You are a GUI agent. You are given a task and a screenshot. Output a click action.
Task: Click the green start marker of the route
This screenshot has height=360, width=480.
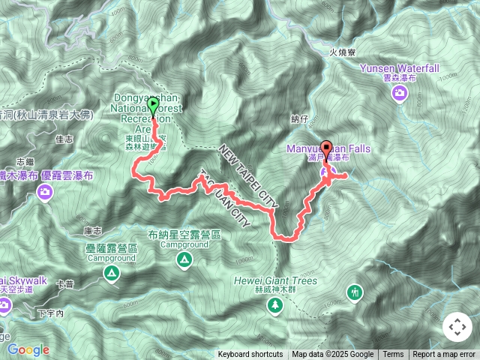coord(154,106)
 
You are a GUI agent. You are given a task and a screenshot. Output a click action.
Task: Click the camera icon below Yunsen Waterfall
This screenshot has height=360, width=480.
coord(400,93)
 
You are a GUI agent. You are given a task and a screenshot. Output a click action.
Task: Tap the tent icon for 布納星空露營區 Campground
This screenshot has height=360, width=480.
coord(184,260)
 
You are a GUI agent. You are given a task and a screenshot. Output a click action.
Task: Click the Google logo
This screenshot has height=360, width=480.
coord(28,349)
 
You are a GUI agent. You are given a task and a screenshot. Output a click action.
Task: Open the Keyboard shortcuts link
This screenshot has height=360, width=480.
coord(250,355)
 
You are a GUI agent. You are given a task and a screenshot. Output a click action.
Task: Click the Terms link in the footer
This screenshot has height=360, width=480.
coord(393,355)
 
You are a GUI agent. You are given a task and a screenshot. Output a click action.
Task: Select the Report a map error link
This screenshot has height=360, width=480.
coord(444,355)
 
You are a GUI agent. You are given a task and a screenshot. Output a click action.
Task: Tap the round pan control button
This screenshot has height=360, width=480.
coord(457,327)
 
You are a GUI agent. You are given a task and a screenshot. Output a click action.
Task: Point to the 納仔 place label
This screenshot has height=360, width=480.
coord(299,119)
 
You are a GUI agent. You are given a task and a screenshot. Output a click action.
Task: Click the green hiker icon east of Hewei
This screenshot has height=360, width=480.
coord(354,291)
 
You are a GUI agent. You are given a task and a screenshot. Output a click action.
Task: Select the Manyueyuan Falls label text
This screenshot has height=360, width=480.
coord(328,149)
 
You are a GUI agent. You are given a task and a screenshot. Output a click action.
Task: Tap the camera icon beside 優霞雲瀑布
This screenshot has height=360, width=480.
coord(45,193)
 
